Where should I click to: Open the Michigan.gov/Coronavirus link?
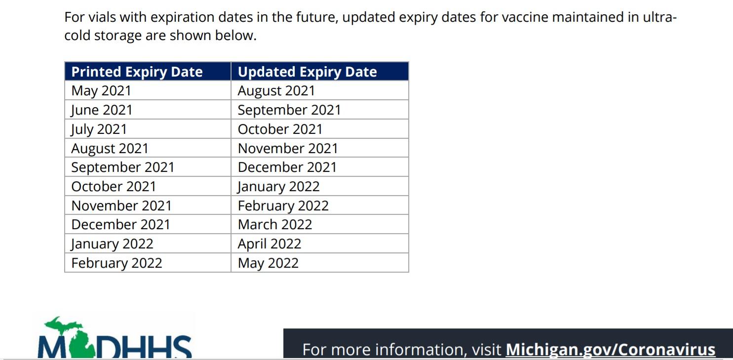click(x=611, y=350)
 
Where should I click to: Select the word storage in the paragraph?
click(x=118, y=36)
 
